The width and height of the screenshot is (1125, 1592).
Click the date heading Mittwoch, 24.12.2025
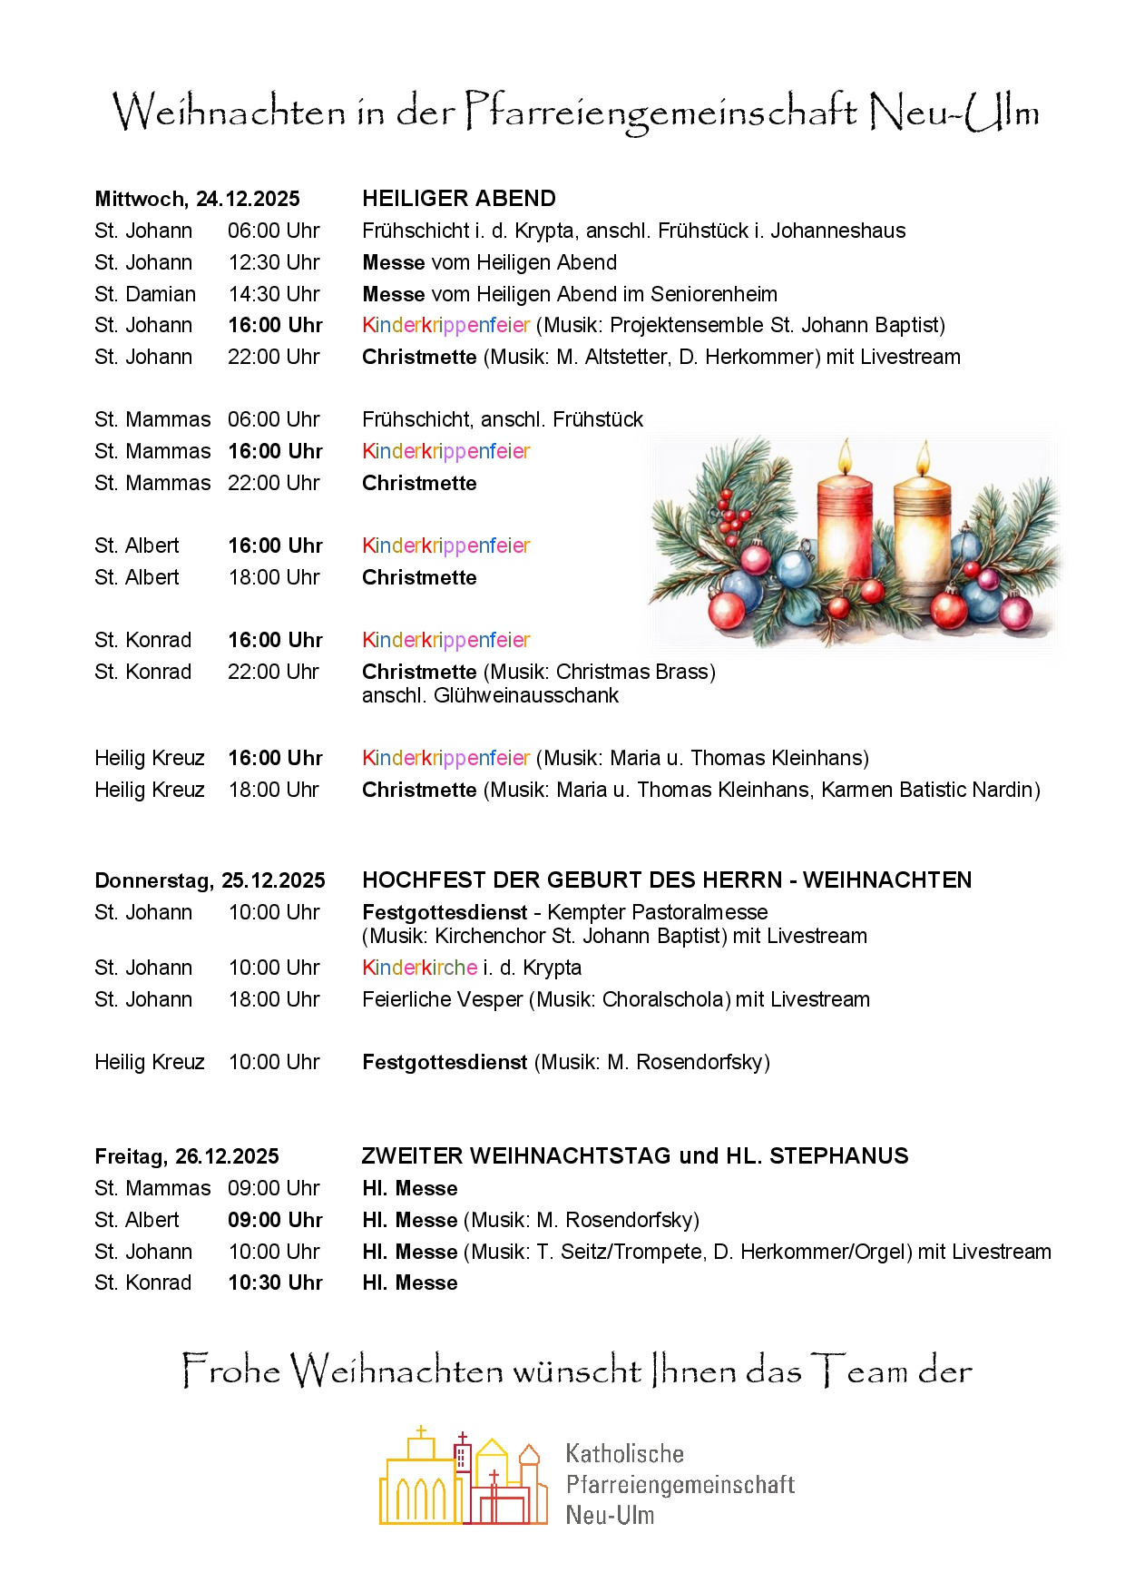pyautogui.click(x=197, y=200)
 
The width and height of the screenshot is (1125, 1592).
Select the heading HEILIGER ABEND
pyautogui.click(x=459, y=199)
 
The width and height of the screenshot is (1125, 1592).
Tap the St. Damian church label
pyautogui.click(x=145, y=294)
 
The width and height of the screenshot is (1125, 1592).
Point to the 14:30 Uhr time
pyautogui.click(x=274, y=294)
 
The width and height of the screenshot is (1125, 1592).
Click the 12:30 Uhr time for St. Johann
pyautogui.click(x=274, y=262)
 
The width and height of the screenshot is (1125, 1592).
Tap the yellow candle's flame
pyautogui.click(x=924, y=458)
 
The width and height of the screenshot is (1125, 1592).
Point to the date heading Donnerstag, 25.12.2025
pyautogui.click(x=210, y=880)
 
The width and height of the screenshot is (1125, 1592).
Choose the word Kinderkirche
pyautogui.click(x=419, y=968)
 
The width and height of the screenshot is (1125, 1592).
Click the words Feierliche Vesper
pyautogui.click(x=442, y=999)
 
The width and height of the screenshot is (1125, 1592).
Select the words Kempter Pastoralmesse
pyautogui.click(x=657, y=912)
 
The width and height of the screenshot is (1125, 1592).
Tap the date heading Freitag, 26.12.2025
pyautogui.click(x=187, y=1156)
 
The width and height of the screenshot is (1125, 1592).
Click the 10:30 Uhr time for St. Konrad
pyautogui.click(x=275, y=1282)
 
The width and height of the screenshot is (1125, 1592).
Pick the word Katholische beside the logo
pyautogui.click(x=624, y=1453)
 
